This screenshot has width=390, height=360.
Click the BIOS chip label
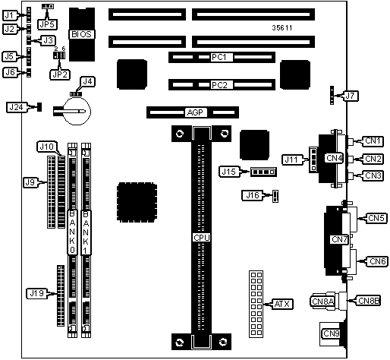point(82,34)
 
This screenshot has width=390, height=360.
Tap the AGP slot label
point(196,112)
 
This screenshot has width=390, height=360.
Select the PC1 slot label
point(219,57)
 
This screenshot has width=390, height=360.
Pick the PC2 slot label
point(219,85)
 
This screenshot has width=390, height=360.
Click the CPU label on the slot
point(202,238)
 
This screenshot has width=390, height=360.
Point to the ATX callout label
point(282,304)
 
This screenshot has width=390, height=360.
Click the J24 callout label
point(16,107)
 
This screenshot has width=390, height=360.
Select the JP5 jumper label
point(47,24)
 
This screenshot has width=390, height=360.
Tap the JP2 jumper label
point(60,74)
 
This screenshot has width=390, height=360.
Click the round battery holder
point(77,111)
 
